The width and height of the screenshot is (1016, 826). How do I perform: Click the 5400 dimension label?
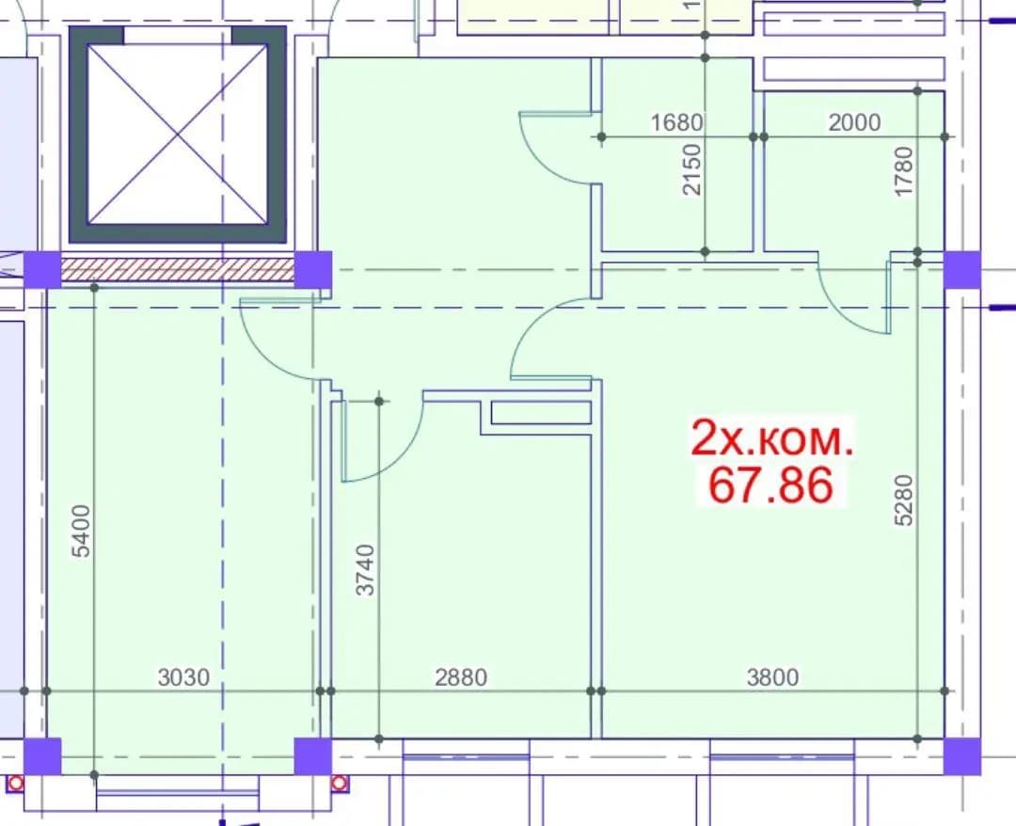coord(81,532)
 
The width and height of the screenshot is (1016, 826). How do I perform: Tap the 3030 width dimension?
coord(184,677)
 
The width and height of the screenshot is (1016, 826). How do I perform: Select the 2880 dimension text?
coord(461,677)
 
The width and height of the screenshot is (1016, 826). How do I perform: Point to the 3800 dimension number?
coord(773,677)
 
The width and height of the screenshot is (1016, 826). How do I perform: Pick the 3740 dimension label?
coord(366,570)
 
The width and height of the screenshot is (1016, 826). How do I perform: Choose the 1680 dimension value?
coord(676,122)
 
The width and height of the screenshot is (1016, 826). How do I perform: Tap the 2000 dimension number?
coord(854,122)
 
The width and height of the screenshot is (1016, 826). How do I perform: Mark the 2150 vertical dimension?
coord(692,169)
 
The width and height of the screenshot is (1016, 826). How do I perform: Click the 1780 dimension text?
coord(903,171)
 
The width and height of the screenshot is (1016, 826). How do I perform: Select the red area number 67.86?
coord(770,485)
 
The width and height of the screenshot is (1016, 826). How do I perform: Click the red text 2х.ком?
coord(772,438)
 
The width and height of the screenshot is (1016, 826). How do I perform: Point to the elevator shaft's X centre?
coord(178,135)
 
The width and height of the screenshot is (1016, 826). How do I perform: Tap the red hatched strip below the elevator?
coord(178,269)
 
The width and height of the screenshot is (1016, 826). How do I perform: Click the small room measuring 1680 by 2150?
coord(677,154)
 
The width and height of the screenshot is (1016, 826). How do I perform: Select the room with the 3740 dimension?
coord(461,570)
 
